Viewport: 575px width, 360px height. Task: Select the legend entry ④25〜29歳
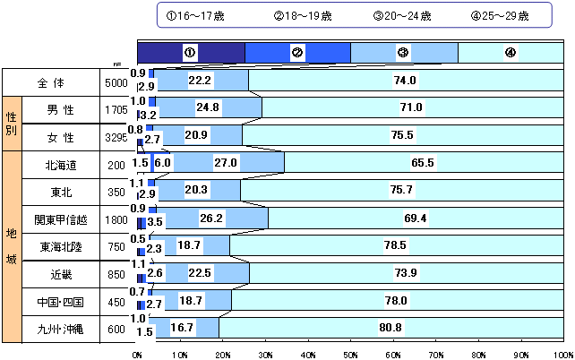pos(499,16)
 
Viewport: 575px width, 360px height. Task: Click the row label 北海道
pos(61,164)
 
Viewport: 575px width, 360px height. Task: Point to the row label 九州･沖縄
pos(61,329)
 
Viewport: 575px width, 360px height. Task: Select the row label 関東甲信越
pos(61,219)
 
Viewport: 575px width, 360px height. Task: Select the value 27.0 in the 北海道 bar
pos(226,163)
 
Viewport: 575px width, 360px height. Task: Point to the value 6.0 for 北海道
pos(163,163)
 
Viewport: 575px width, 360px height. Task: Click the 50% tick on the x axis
pos(350,355)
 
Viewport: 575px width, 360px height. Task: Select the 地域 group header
pos(12,245)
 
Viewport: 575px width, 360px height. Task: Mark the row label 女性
pos(61,136)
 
